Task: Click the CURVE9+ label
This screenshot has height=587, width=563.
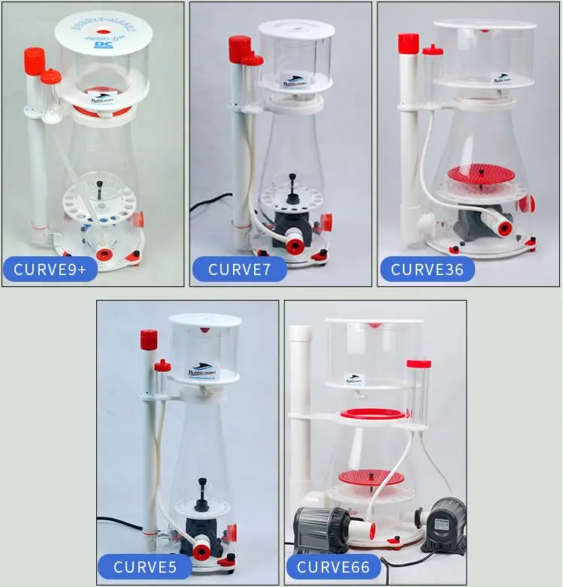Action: pyautogui.click(x=50, y=268)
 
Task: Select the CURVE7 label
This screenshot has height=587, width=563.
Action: pyautogui.click(x=238, y=268)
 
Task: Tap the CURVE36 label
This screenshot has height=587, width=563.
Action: pyautogui.click(x=426, y=268)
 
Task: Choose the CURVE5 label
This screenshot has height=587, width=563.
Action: pyautogui.click(x=145, y=567)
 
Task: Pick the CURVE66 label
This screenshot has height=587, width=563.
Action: pyautogui.click(x=333, y=567)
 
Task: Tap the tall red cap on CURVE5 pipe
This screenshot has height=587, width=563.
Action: pyautogui.click(x=147, y=339)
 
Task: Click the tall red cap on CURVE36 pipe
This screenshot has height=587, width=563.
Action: pyautogui.click(x=407, y=43)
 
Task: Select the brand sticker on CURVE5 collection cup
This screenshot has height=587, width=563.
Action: pyautogui.click(x=201, y=371)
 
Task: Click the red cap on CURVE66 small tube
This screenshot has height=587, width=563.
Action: pyautogui.click(x=418, y=364)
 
